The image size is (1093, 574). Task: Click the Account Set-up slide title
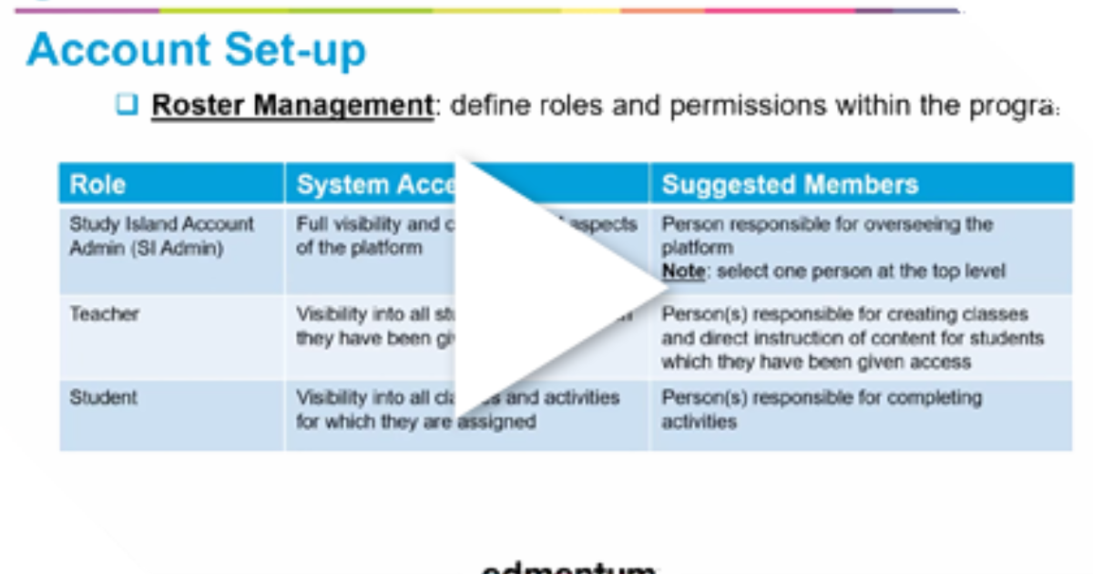196,51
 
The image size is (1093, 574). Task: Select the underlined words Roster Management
291,106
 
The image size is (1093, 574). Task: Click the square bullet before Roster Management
127,105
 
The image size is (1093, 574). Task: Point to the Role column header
97,185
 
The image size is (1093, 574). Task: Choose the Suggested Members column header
790,185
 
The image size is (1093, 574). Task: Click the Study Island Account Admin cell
161,236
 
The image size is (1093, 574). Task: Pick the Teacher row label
105,314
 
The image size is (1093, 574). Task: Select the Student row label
104,398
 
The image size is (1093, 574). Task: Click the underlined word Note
683,272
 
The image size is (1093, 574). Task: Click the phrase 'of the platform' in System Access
359,248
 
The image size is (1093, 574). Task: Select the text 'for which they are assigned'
415,422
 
